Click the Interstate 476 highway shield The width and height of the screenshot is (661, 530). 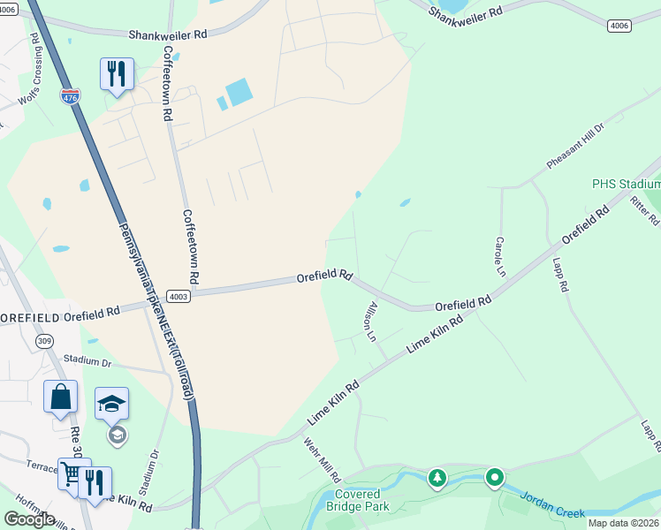click(70, 96)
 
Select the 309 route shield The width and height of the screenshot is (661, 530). click(42, 341)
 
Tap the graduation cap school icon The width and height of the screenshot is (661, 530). click(111, 405)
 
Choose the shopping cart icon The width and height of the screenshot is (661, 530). click(71, 475)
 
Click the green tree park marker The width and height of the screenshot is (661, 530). click(437, 479)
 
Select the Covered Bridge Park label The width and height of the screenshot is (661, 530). click(358, 500)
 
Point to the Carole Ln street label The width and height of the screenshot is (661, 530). click(499, 254)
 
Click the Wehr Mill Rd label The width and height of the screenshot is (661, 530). click(321, 459)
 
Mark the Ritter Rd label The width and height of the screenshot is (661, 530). click(644, 210)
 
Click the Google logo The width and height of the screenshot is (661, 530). click(29, 519)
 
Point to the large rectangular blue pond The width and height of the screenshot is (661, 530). click(238, 92)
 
